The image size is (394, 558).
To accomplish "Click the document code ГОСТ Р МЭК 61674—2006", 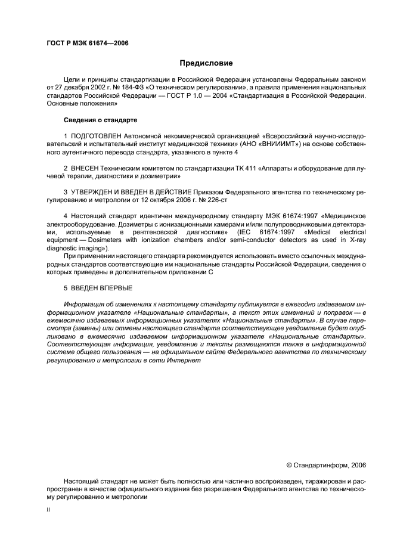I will pos(87,44).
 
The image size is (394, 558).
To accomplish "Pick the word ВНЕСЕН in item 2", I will pos(85,169).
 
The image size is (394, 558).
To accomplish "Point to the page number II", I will pos(49,510).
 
